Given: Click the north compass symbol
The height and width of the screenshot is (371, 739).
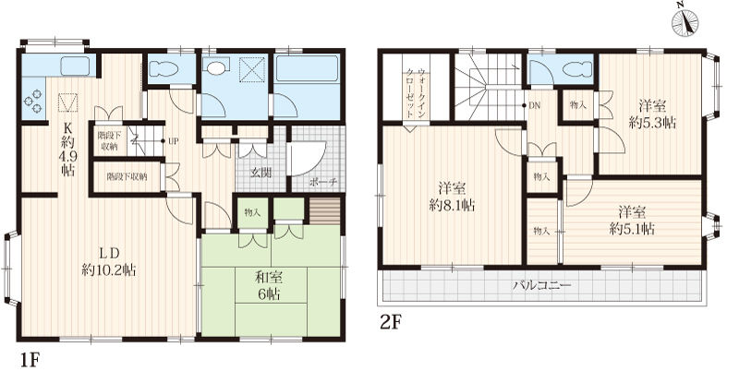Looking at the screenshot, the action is coord(685,22).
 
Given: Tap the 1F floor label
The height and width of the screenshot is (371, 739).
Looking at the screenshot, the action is coord(29,360).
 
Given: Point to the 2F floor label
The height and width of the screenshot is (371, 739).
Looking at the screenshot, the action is coord(390,322).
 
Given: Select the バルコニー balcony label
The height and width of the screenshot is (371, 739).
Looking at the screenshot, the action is coord(542,285).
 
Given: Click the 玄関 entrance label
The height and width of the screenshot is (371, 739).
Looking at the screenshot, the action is coord(260,173).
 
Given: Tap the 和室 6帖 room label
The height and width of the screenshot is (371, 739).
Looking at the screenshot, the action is coord(268,286).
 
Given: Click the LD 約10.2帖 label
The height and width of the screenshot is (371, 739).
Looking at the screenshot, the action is coord(108,261).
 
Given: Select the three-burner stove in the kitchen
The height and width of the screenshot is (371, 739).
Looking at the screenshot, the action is coord(33,102).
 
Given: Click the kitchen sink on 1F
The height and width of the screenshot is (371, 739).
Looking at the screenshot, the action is coord(75,66).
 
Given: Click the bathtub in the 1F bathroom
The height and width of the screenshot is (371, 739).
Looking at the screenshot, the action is coord(307,69).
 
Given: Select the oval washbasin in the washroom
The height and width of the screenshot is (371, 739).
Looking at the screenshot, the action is coord(217,68).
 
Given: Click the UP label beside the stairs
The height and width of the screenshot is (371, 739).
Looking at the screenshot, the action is coord(173,141).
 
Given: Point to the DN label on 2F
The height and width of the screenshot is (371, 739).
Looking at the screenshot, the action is coord(535,105).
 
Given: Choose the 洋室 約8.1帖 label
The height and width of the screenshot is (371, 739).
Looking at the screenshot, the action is coord(452,197).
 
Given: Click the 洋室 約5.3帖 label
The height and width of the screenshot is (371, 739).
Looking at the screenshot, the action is coord(652,114).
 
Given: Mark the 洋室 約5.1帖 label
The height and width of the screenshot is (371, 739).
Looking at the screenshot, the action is coord(632,221).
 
